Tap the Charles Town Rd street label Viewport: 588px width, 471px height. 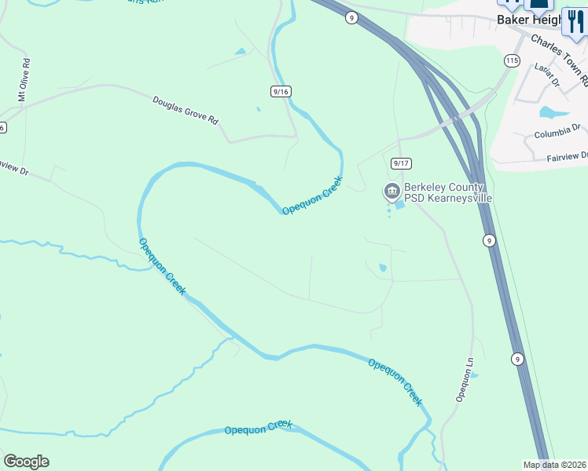click(x=559, y=58)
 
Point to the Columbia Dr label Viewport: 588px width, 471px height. click(x=557, y=131)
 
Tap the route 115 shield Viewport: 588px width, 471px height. click(x=513, y=60)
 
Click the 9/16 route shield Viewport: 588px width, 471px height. click(x=281, y=92)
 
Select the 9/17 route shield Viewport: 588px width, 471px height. click(x=401, y=163)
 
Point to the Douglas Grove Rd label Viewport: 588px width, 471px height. click(x=185, y=109)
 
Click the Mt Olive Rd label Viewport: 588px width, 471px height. click(x=24, y=80)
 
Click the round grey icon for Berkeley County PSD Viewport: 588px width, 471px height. click(x=391, y=191)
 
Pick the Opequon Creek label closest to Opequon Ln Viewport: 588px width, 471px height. click(x=395, y=382)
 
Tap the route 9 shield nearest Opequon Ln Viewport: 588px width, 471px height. click(x=516, y=360)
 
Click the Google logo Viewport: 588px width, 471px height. click(x=26, y=462)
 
